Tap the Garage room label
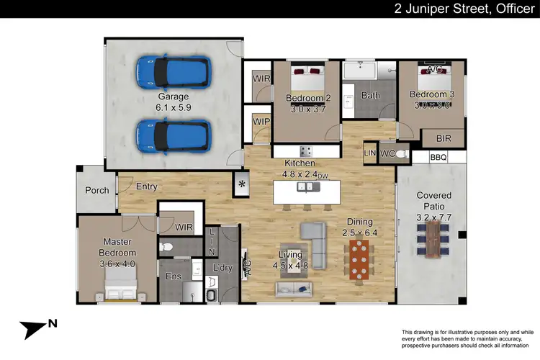click(x=174, y=96)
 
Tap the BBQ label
click(x=438, y=157)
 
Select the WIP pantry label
click(x=260, y=122)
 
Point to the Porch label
click(x=96, y=191)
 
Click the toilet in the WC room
click(x=401, y=154)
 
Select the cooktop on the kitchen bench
click(x=305, y=152)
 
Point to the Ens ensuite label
click(x=174, y=276)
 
